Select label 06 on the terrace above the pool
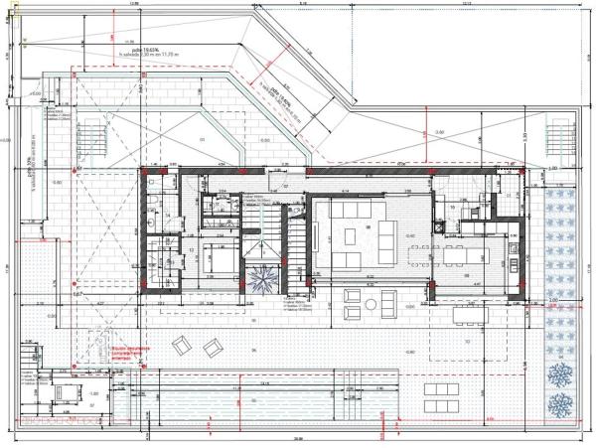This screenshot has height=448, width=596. point(254,351)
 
